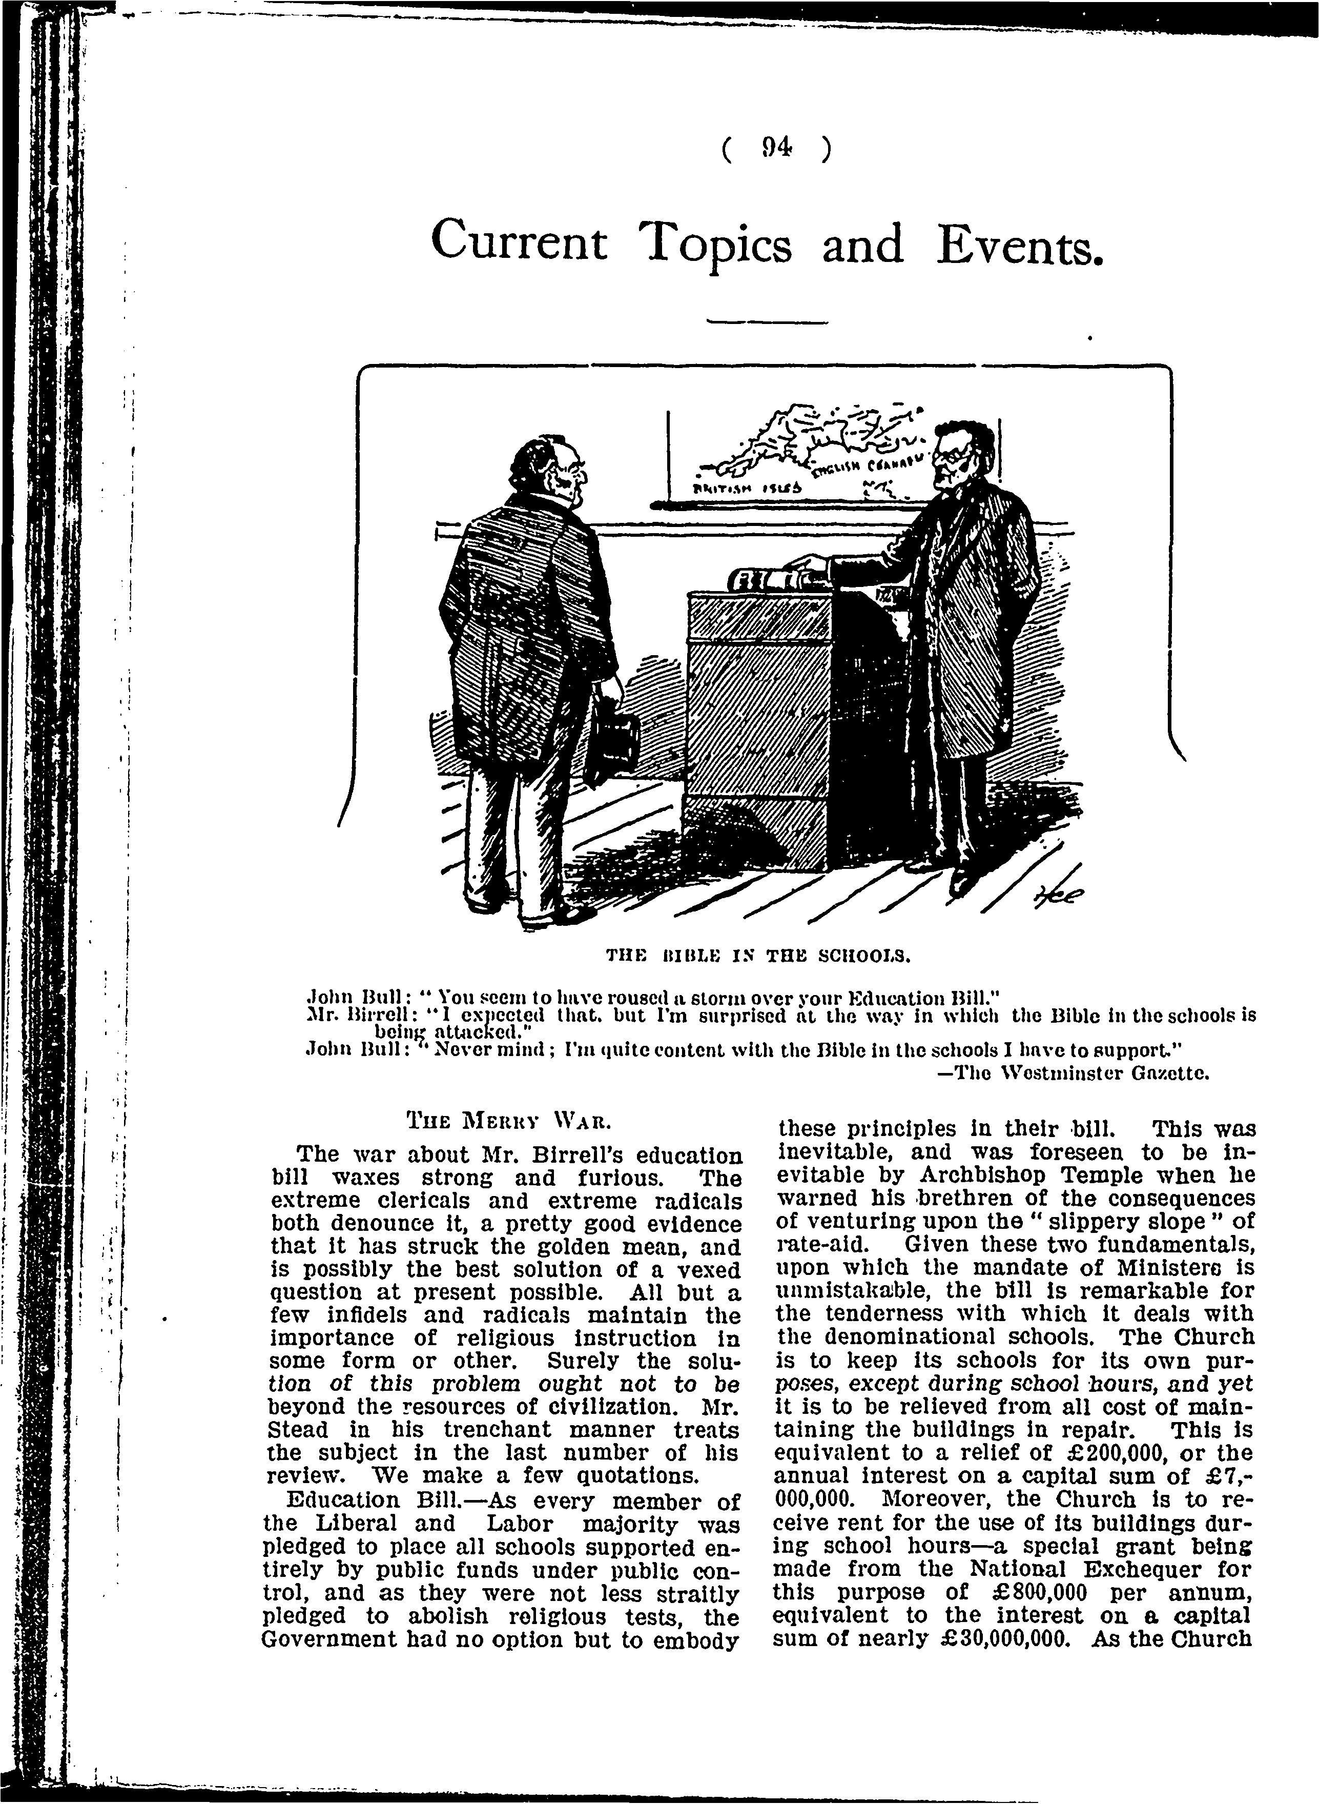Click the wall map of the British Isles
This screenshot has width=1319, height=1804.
click(x=830, y=461)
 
